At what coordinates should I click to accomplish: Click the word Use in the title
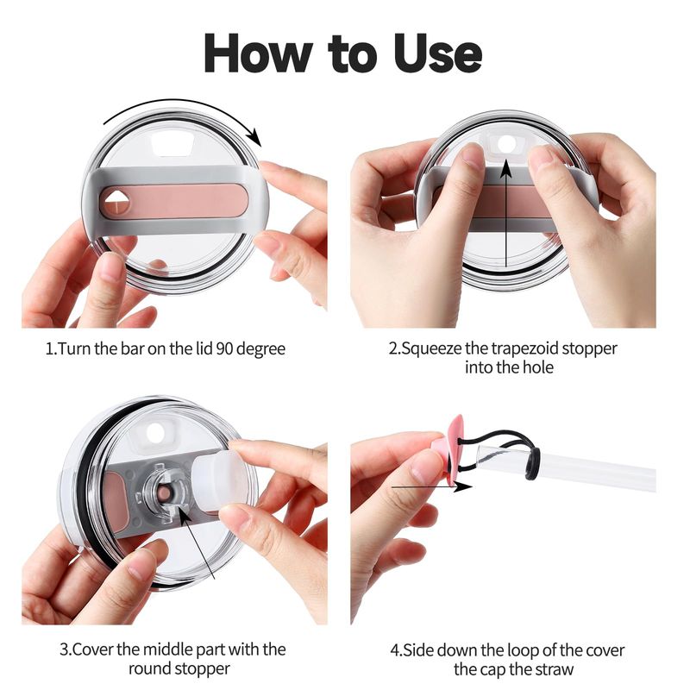coord(438,53)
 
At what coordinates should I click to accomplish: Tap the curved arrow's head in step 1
coord(254,137)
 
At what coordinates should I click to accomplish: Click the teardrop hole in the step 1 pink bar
coord(116,202)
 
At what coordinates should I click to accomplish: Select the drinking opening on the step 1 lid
coord(173,143)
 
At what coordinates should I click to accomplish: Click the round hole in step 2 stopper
coord(505,143)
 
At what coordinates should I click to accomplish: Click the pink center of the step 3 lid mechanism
coord(164,493)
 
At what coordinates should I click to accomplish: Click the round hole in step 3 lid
coord(155,433)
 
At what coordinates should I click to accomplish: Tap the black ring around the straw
coord(533,463)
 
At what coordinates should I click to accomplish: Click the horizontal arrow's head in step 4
coord(463,486)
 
